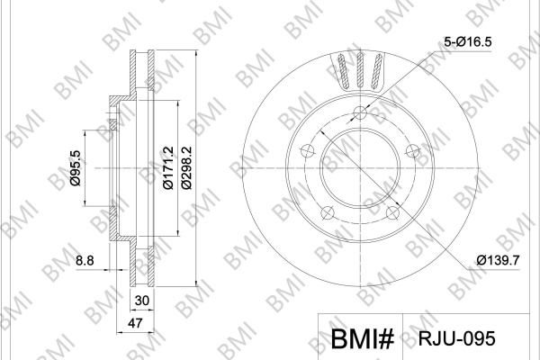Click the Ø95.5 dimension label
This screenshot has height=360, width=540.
pos(76,168)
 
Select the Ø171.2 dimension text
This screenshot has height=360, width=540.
pos(168,167)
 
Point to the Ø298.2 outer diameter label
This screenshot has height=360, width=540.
pos(186,167)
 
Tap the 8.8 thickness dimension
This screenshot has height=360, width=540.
pos(85,260)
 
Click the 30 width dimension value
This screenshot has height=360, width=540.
pos(142,301)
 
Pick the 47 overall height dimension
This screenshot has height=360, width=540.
pos(135,323)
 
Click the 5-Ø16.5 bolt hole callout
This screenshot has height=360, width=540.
pos(468,41)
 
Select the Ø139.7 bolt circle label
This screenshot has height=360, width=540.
pos(498,260)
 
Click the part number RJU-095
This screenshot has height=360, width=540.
pos(456,338)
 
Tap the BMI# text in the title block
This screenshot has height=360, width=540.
pos(362,339)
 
